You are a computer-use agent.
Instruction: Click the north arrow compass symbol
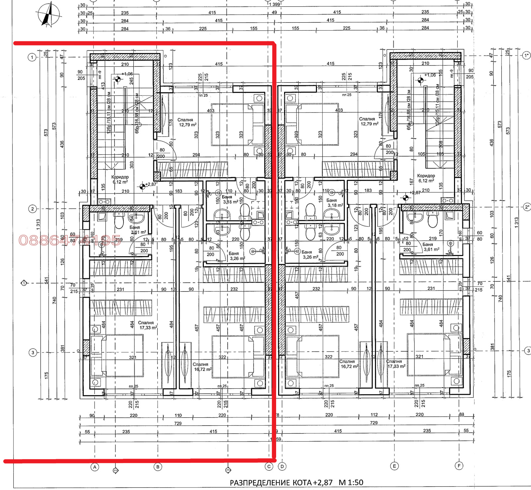pyautogui.click(x=48, y=14)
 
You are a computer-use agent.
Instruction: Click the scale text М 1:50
pyautogui.click(x=351, y=482)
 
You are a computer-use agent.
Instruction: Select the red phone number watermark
pyautogui.click(x=70, y=240)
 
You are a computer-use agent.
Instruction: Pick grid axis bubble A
pyautogui.click(x=95, y=467)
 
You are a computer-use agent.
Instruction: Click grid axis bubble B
pyautogui.click(x=158, y=467)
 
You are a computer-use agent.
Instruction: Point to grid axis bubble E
pyautogui.click(x=394, y=466)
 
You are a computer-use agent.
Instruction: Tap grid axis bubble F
pyautogui.click(x=459, y=466)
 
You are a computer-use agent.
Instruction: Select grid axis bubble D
pyautogui.click(x=282, y=466)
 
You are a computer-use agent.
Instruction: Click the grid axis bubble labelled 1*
pyautogui.click(x=526, y=55)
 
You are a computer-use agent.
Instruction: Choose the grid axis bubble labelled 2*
pyautogui.click(x=527, y=207)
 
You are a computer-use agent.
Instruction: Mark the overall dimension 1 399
pyautogui.click(x=274, y=4)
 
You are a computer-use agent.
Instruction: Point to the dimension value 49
pyautogui.click(x=274, y=13)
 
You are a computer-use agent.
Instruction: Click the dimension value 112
pyautogui.click(x=374, y=415)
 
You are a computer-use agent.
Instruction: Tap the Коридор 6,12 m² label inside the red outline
pyautogui.click(x=120, y=179)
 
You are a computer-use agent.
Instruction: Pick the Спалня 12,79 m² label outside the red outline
pyautogui.click(x=369, y=121)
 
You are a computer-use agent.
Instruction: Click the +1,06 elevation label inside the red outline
pyautogui.click(x=127, y=74)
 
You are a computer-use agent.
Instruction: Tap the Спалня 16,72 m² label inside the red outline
pyautogui.click(x=202, y=367)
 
